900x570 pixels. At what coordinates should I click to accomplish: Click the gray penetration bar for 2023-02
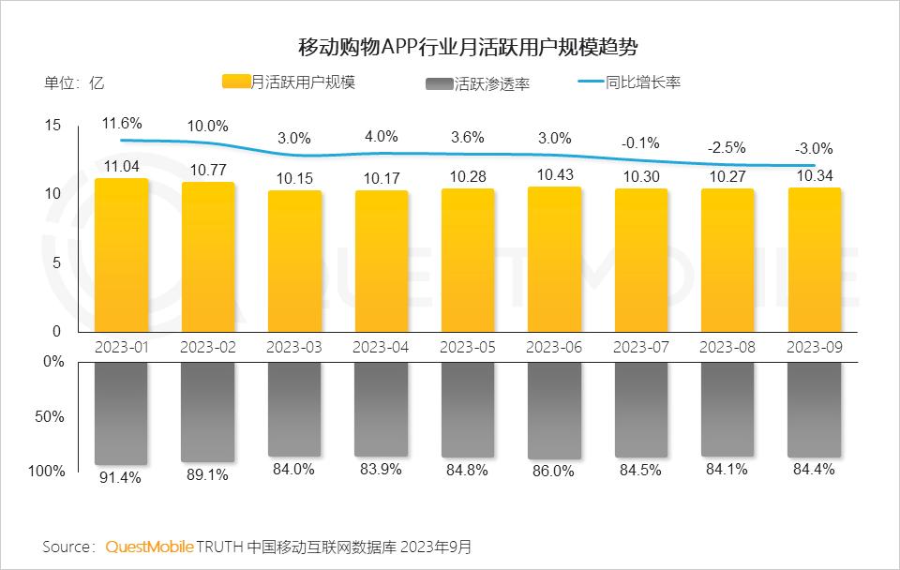point(208,412)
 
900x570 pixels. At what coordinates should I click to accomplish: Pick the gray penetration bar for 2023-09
point(814,410)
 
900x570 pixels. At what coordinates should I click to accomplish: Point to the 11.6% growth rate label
point(122,124)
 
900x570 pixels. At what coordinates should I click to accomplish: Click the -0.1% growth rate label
point(640,143)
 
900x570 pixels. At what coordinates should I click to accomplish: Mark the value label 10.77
point(208,171)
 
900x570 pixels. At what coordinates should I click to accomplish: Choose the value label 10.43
point(554,175)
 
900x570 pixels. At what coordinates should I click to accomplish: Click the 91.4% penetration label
point(120,477)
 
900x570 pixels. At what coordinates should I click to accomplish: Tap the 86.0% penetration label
point(553,472)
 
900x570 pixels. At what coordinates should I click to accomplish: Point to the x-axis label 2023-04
point(381,347)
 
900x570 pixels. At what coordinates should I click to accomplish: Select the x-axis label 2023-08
point(727,347)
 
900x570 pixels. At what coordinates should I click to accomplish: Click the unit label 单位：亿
point(74,82)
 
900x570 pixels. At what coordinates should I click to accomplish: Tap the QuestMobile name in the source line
point(150,546)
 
